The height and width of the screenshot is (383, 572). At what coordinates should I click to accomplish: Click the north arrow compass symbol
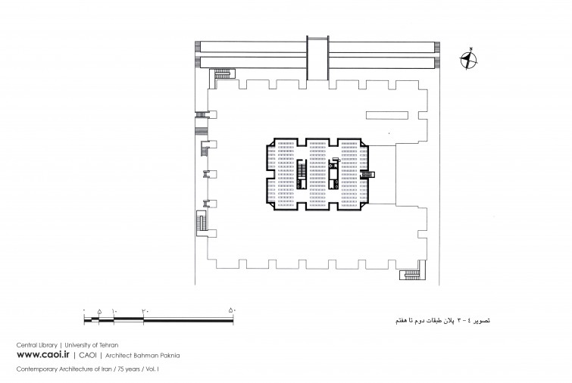point(468,60)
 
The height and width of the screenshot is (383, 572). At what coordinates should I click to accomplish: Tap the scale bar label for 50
point(233,311)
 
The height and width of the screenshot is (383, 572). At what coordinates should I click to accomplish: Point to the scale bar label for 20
point(145,311)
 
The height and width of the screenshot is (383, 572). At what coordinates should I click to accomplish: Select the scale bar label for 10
point(114,311)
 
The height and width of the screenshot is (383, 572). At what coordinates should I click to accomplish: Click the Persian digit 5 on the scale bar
point(99,311)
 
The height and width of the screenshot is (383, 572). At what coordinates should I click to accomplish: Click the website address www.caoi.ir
point(42,354)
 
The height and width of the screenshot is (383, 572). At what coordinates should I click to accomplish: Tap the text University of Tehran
point(92,344)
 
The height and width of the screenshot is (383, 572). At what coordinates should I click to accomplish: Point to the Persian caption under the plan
point(443,320)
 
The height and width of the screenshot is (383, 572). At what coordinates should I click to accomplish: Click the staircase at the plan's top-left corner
point(223,73)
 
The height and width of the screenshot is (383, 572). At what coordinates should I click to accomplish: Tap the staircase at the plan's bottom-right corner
point(411,274)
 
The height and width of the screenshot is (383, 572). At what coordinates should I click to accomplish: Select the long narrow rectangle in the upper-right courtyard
point(387,115)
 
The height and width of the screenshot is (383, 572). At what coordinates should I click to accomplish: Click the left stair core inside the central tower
point(302,174)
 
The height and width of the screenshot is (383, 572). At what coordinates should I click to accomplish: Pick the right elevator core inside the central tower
point(333,174)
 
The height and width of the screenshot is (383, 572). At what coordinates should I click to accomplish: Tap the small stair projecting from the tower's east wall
point(367,175)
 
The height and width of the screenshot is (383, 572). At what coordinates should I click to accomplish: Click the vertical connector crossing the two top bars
point(317,58)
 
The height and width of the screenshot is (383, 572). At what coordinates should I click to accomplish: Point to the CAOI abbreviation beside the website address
point(88,355)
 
